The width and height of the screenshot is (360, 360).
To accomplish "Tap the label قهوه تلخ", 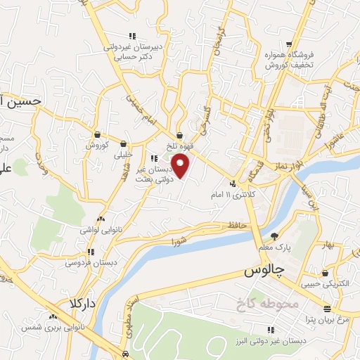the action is [181, 146].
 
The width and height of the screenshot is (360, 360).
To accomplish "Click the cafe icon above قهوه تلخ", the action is [181, 136].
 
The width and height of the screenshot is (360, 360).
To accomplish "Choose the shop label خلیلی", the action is [124, 154].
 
